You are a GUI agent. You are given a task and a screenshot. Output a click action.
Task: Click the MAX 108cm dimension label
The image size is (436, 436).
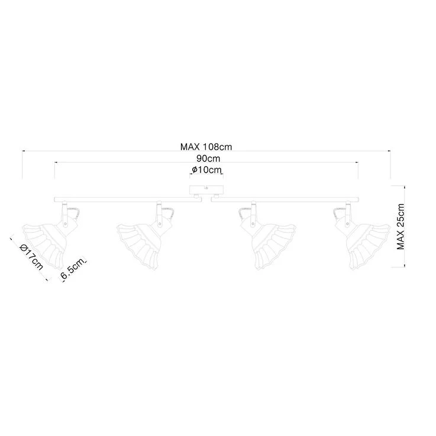click(206, 147)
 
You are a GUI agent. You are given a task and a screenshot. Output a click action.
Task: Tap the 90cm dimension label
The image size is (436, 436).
click(208, 159)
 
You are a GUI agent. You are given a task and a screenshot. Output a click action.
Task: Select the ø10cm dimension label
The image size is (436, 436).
click(207, 170)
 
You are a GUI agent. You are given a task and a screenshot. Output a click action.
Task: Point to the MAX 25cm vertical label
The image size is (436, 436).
click(401, 227)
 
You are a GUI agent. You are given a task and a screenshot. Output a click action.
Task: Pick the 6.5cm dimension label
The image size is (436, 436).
click(72, 269)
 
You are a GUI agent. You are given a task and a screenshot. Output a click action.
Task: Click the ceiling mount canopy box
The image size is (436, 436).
click(206, 190)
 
